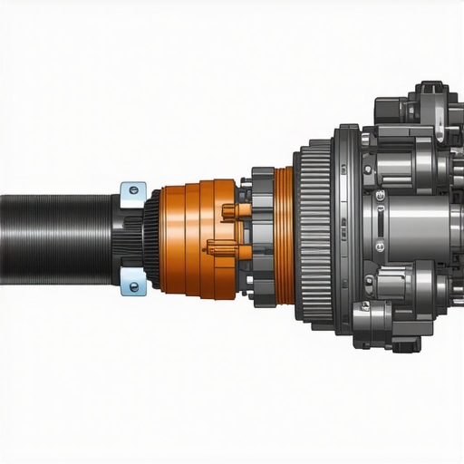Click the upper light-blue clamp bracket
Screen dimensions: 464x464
pos(133,191)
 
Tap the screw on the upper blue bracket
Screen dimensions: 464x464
pos(134,190)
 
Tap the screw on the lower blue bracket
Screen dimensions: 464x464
pos(135,286)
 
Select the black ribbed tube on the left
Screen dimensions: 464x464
pos(54,237)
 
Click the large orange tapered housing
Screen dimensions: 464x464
pos(195,238)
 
